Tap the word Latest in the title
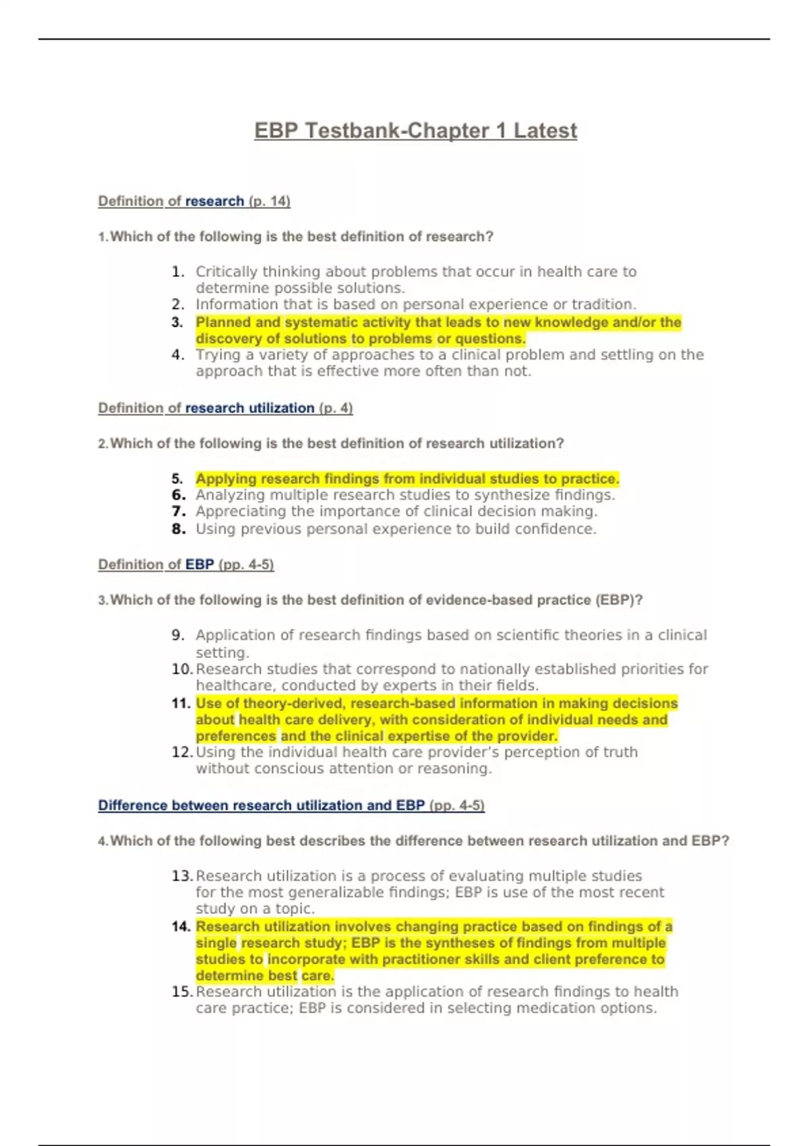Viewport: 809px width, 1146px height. [x=545, y=131]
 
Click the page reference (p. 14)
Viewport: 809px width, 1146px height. [x=269, y=201]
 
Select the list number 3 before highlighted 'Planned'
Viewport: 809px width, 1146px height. [x=177, y=322]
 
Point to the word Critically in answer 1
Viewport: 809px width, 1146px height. [x=226, y=272]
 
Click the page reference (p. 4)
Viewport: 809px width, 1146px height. [x=336, y=408]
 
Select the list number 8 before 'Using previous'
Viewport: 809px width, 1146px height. [x=178, y=529]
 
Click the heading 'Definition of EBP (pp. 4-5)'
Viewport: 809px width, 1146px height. [x=186, y=564]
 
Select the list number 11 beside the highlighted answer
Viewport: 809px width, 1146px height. [x=181, y=703]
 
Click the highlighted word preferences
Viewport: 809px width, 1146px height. [x=236, y=736]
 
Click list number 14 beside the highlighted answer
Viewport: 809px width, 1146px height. [x=181, y=926]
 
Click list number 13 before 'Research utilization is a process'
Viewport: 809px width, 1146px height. [x=181, y=876]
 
